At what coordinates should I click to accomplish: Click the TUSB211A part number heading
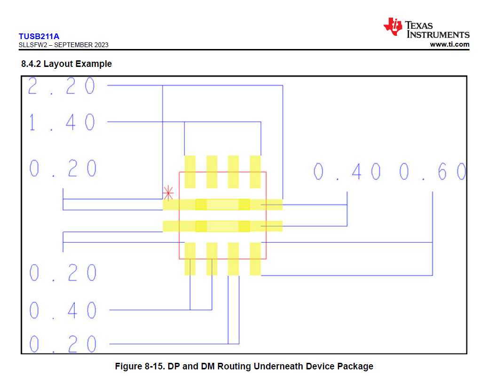(39, 36)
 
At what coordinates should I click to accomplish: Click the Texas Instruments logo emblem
(393, 26)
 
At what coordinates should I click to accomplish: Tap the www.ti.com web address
(450, 44)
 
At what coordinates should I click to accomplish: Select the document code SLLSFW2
(33, 45)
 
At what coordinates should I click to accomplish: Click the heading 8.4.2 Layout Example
(66, 64)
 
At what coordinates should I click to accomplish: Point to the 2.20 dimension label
(62, 86)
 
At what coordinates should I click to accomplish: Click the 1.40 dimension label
(62, 122)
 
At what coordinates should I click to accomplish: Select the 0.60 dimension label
(433, 172)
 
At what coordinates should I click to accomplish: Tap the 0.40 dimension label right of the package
(347, 172)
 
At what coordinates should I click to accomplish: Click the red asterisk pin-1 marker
(168, 193)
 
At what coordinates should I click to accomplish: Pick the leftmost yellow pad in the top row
(190, 172)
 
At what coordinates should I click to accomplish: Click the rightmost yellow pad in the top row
(255, 172)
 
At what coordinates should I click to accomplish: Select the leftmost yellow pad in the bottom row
(190, 259)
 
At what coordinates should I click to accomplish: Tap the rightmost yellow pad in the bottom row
(255, 259)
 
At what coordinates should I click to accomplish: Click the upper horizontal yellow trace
(223, 204)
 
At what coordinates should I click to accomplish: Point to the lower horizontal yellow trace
(223, 226)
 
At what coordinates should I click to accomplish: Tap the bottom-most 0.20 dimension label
(63, 344)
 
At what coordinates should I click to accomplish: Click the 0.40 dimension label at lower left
(63, 311)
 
